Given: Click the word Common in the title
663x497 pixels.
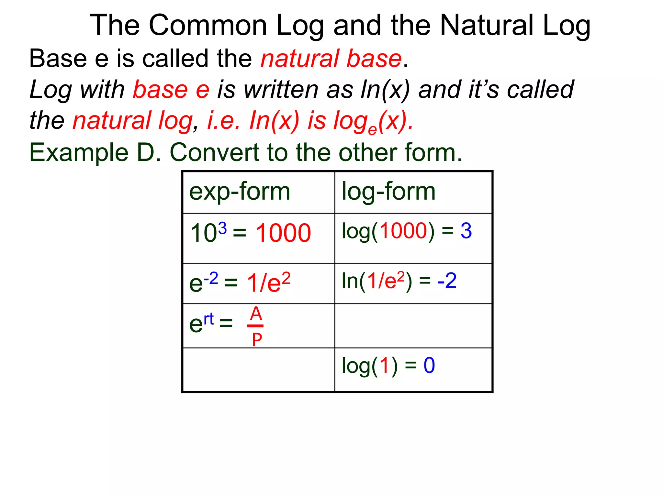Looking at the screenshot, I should [208, 25].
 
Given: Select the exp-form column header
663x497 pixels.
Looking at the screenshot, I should [240, 192].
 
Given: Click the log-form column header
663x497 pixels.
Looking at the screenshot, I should [388, 192].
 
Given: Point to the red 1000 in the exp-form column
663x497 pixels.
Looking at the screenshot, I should [283, 233].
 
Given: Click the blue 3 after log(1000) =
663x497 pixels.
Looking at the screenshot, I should [466, 231].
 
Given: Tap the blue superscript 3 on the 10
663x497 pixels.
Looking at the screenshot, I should [222, 228].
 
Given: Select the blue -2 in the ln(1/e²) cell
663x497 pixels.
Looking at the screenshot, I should [447, 281].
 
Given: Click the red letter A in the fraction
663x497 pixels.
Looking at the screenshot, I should [256, 314].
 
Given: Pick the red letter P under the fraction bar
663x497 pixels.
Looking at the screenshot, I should [257, 340].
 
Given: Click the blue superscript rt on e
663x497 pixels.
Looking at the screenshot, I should [209, 319].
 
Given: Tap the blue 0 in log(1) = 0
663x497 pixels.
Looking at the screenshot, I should [429, 366].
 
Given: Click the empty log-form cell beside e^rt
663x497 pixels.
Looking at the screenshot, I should [413, 326].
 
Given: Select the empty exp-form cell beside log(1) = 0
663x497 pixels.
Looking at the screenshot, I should [259, 370].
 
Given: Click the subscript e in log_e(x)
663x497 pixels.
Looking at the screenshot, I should [373, 130].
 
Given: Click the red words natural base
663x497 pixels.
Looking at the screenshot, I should [331, 59].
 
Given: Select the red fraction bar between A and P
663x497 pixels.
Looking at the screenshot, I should [255, 326].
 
